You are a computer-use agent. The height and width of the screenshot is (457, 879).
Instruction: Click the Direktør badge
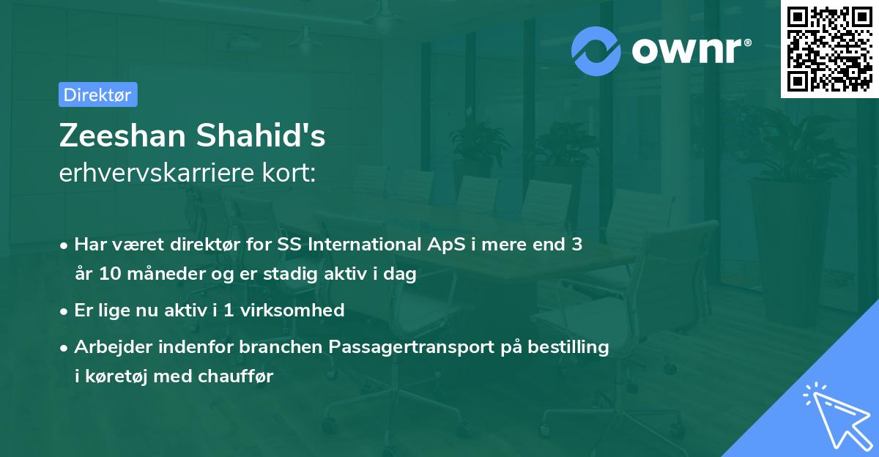pyautogui.click(x=97, y=94)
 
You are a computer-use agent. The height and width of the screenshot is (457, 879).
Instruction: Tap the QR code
pyautogui.click(x=830, y=48)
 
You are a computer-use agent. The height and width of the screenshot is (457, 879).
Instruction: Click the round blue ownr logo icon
pyautogui.click(x=596, y=51)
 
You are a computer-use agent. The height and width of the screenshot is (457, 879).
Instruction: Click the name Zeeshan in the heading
pyautogui.click(x=121, y=136)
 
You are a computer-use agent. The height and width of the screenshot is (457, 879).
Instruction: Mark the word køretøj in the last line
pyautogui.click(x=116, y=376)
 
